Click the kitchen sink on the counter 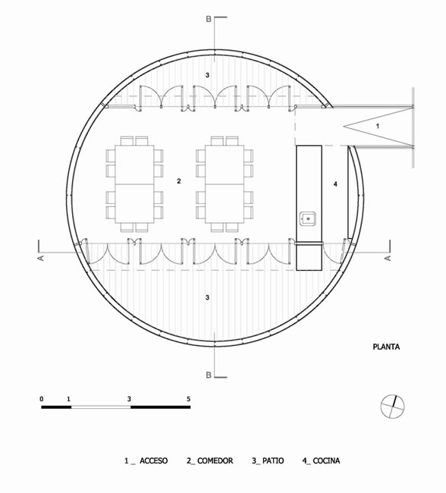[308, 218]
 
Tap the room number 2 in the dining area [179, 181]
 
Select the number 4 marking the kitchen [335, 184]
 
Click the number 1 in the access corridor [378, 126]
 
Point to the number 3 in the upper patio [207, 75]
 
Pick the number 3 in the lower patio [207, 297]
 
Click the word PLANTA [386, 347]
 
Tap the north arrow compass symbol [393, 407]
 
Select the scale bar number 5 [188, 399]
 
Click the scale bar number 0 [42, 399]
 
